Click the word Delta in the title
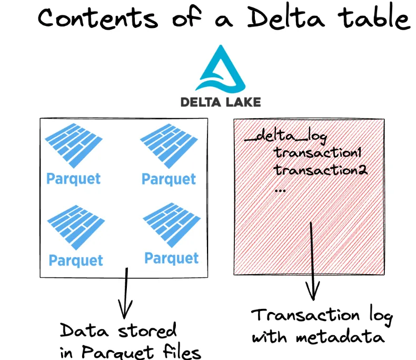click(280, 18)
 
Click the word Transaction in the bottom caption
click(306, 316)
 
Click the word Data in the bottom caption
click(80, 331)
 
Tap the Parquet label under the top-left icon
click(74, 178)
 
